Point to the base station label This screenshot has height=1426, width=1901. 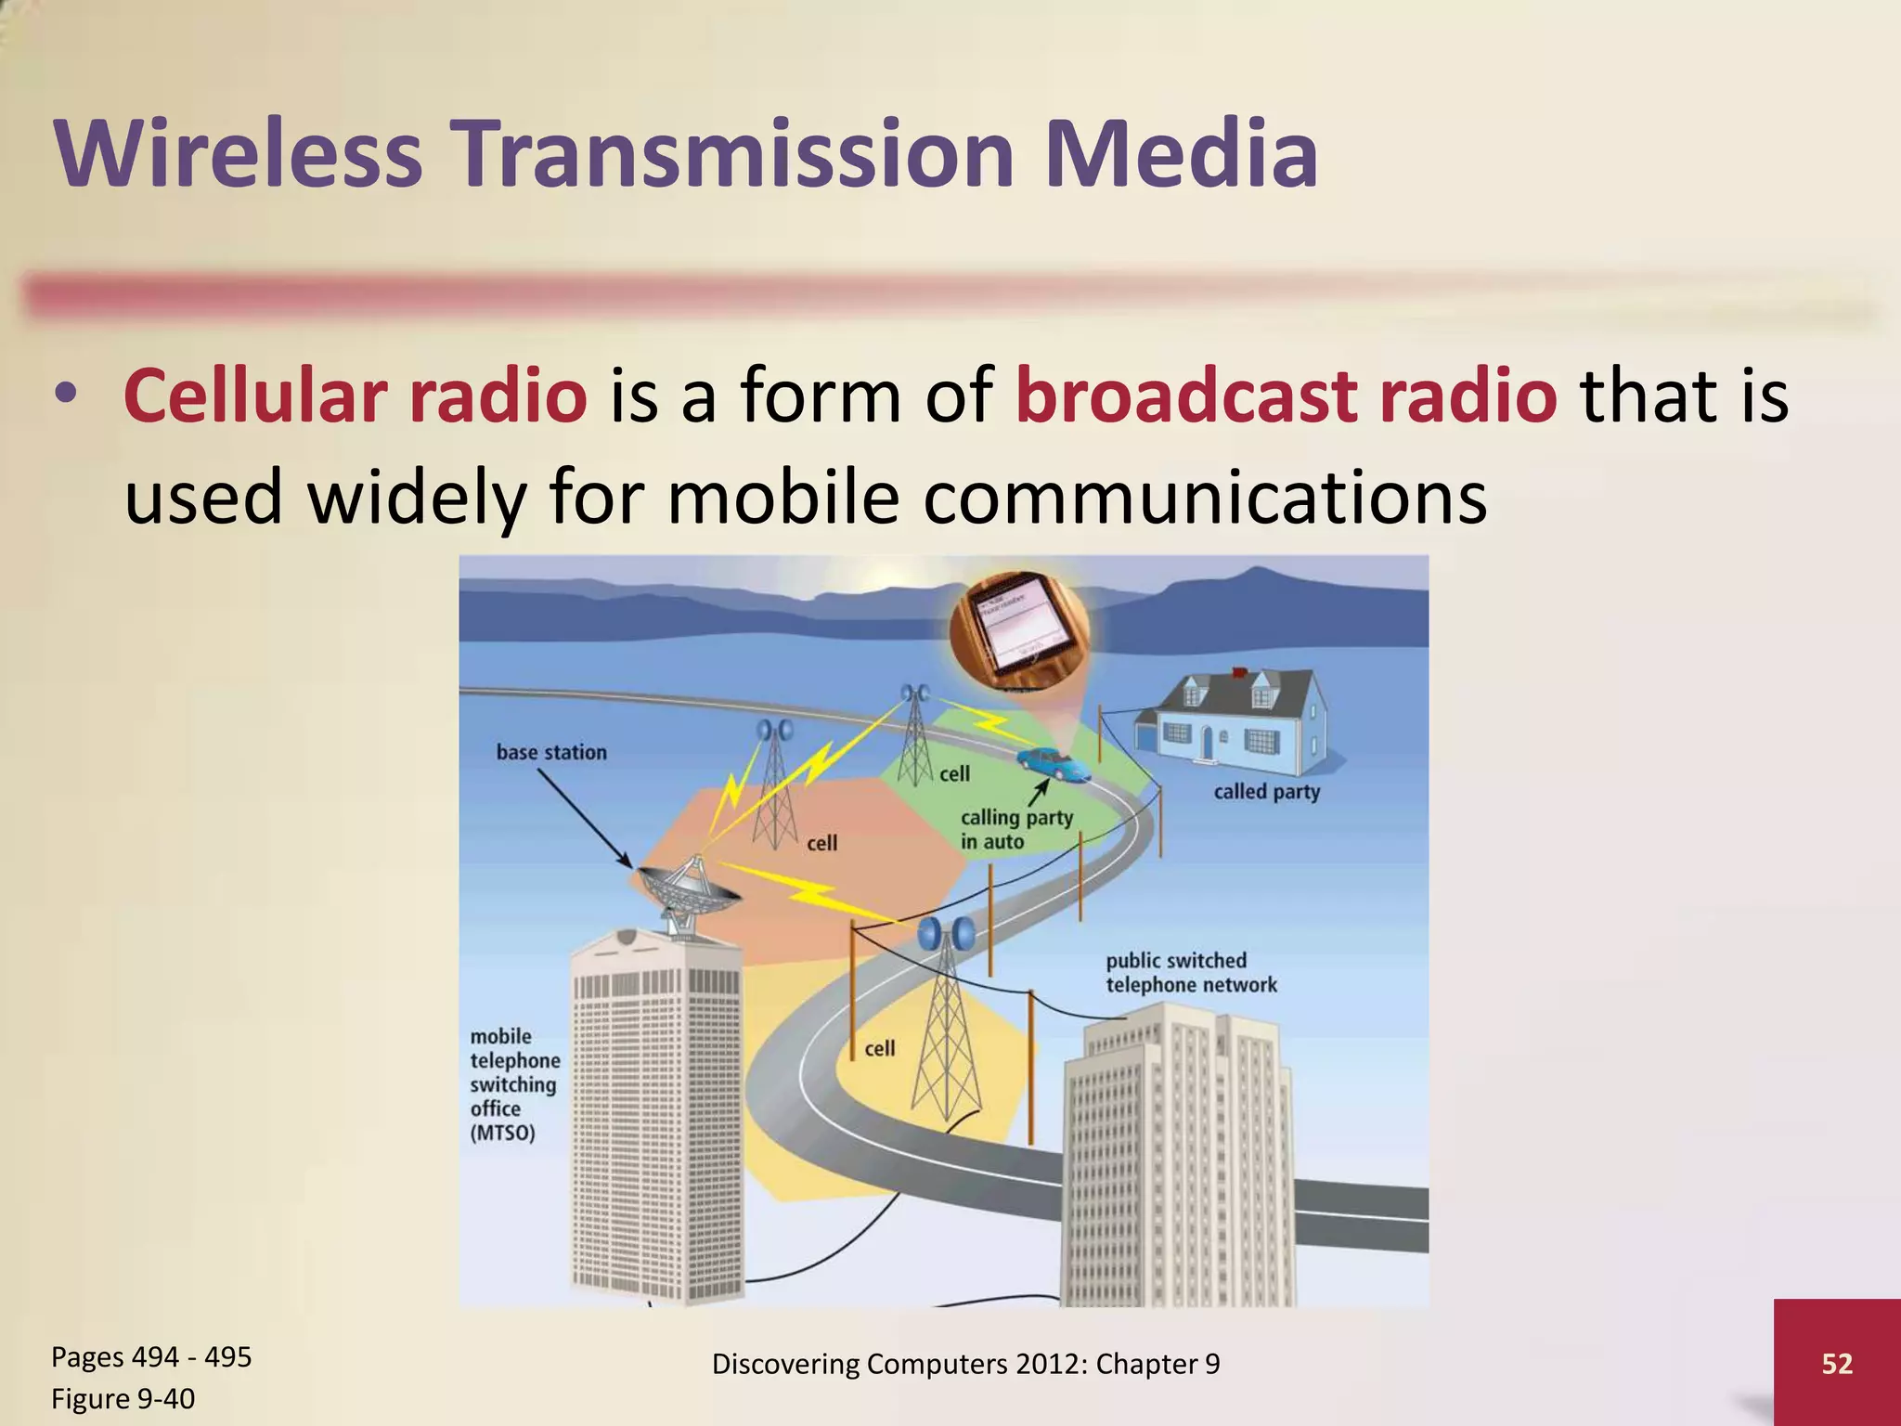(x=551, y=753)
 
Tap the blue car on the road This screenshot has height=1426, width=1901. (x=1052, y=763)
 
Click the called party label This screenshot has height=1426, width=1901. (x=1266, y=792)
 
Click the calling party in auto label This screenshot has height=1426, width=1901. (x=1015, y=829)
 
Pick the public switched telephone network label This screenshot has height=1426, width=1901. (x=1190, y=972)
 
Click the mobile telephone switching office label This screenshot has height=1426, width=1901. (x=514, y=1084)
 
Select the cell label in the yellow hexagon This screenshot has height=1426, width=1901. (x=879, y=1048)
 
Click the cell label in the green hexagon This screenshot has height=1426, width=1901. (x=954, y=773)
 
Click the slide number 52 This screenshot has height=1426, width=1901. (x=1837, y=1363)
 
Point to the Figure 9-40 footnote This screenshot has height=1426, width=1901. (x=123, y=1399)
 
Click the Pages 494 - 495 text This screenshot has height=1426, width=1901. (x=151, y=1357)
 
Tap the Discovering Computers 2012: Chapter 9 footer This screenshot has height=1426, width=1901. (x=965, y=1364)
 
